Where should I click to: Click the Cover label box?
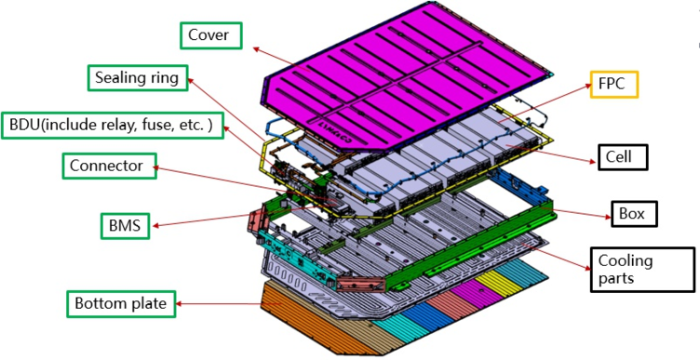click(x=211, y=35)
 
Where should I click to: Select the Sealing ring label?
click(x=138, y=78)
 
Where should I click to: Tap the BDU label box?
click(x=112, y=125)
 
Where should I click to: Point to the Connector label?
click(x=110, y=166)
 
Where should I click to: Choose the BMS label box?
click(x=125, y=226)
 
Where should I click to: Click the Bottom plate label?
click(x=121, y=304)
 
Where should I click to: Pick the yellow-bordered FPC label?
click(x=614, y=85)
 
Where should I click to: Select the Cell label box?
click(x=623, y=157)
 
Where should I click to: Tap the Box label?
click(x=635, y=214)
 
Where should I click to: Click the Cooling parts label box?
click(x=643, y=270)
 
